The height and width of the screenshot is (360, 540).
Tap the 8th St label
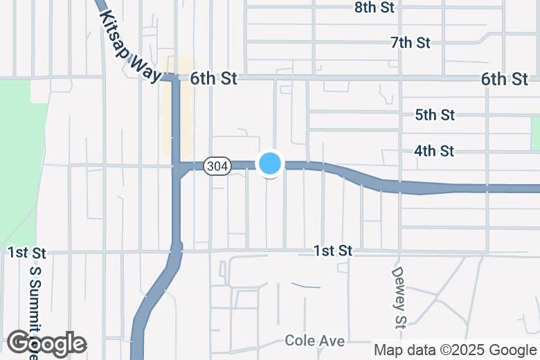pyautogui.click(x=374, y=8)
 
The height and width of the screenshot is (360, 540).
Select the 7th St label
pyautogui.click(x=411, y=43)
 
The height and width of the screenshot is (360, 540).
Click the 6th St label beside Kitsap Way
pyautogui.click(x=213, y=79)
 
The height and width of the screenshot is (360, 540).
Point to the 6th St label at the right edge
pyautogui.click(x=505, y=79)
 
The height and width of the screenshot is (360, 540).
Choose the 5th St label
pyautogui.click(x=435, y=114)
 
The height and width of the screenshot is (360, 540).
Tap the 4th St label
pyautogui.click(x=434, y=150)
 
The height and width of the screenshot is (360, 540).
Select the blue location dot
pyautogui.click(x=270, y=163)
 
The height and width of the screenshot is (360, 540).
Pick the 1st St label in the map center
pyautogui.click(x=333, y=251)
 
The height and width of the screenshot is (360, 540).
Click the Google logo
pyautogui.click(x=46, y=343)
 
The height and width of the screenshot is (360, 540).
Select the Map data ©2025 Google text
pyautogui.click(x=456, y=350)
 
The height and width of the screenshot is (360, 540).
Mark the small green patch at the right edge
pyautogui.click(x=535, y=132)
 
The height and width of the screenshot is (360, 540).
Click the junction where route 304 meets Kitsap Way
pyautogui.click(x=176, y=166)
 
